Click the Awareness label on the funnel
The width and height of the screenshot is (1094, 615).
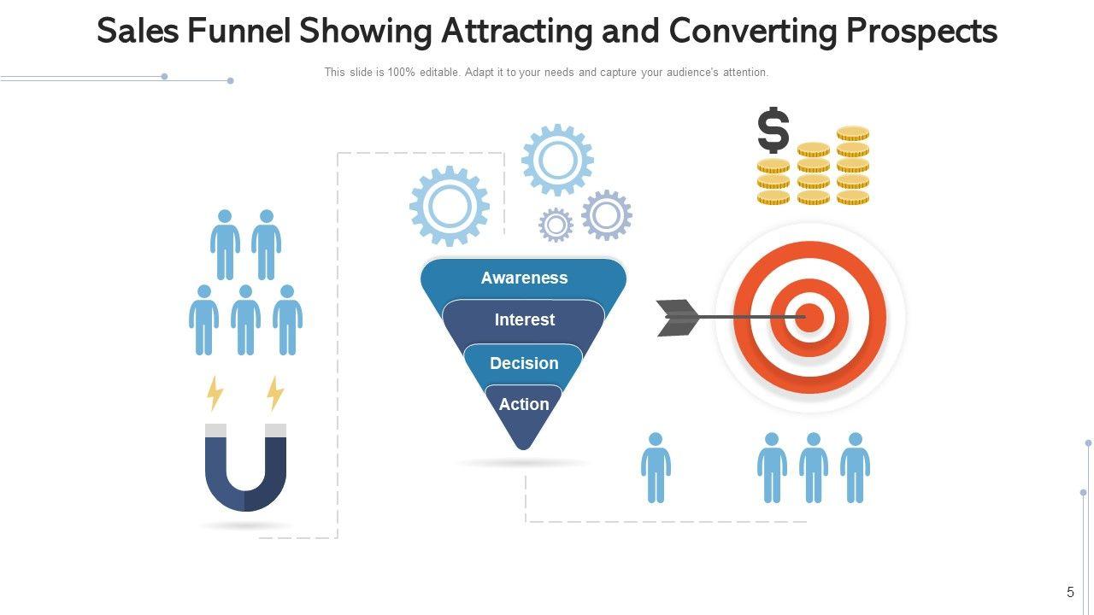[524, 278]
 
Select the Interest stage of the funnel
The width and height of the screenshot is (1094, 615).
[524, 319]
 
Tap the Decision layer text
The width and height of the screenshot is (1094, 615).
[524, 363]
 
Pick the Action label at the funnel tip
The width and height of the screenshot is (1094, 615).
[524, 404]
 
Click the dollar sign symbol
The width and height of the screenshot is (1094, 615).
[773, 130]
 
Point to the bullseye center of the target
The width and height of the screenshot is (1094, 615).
[809, 318]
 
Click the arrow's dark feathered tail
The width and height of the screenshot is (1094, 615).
[678, 318]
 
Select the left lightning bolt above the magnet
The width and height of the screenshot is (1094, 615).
[215, 394]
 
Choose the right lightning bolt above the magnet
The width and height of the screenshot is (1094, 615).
[275, 394]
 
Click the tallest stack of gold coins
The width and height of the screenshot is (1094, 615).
[852, 166]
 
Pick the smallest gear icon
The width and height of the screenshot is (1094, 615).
[556, 225]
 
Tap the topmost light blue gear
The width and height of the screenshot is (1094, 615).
[557, 160]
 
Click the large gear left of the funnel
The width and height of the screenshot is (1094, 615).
[450, 207]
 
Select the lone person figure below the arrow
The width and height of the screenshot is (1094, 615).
[656, 467]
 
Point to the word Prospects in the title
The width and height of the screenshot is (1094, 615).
[921, 32]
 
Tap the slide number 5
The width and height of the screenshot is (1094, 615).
[1070, 592]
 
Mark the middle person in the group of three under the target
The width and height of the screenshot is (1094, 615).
[813, 467]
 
